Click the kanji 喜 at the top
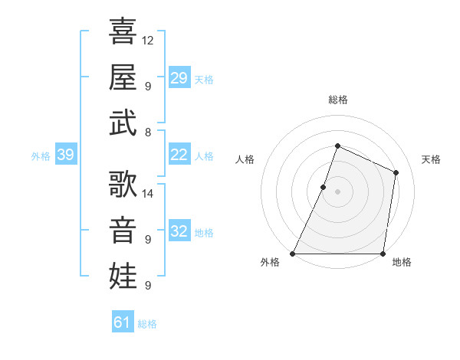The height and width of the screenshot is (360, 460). (x=123, y=33)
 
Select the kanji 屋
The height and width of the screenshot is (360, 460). (x=123, y=77)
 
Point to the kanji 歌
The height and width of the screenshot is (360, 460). (x=123, y=186)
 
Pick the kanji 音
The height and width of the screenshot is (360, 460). (x=123, y=231)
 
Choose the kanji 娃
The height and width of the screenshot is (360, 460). (x=123, y=276)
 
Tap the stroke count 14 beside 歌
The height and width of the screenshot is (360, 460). (x=148, y=194)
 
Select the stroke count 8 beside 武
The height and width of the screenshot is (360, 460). (x=148, y=132)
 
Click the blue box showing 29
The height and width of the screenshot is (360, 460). (x=179, y=78)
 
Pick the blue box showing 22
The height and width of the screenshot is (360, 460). (x=179, y=155)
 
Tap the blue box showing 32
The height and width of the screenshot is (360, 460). (x=179, y=232)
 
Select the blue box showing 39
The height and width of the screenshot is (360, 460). (x=65, y=155)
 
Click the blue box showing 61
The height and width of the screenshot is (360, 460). (x=123, y=322)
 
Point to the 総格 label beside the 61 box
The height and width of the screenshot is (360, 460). (x=147, y=324)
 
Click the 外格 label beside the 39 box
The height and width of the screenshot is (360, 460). (x=41, y=156)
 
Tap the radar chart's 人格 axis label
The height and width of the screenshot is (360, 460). (x=245, y=159)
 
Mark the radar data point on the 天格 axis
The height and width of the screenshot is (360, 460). (x=396, y=172)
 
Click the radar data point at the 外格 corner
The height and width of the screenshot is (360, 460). (x=293, y=254)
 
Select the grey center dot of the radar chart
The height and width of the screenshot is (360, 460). (x=337, y=191)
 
